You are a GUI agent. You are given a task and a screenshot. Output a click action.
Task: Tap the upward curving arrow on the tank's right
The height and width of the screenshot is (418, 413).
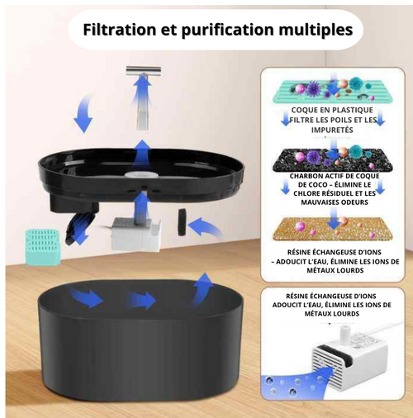(x=201, y=288)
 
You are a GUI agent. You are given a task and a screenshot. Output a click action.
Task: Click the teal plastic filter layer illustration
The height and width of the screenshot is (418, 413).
(x=335, y=86)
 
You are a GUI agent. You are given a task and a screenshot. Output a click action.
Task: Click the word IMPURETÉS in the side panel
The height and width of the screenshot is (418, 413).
(x=334, y=131)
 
